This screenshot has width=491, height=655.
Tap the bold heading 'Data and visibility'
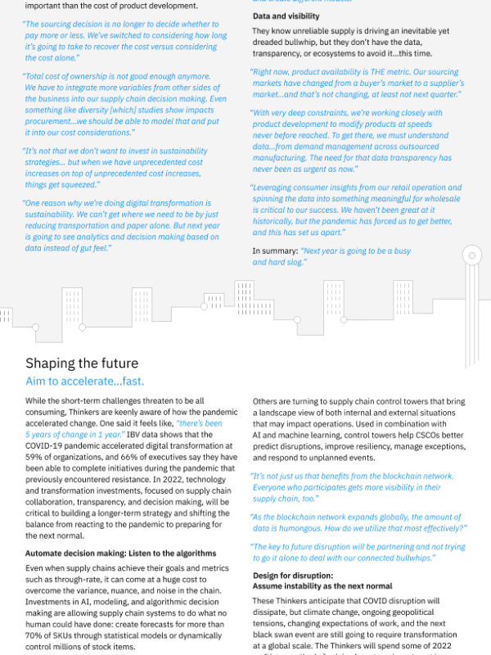point(286,16)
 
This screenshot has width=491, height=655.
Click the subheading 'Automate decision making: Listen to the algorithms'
point(120,553)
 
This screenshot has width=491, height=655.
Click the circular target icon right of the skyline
point(471,256)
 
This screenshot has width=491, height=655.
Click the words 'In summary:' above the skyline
point(274,251)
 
